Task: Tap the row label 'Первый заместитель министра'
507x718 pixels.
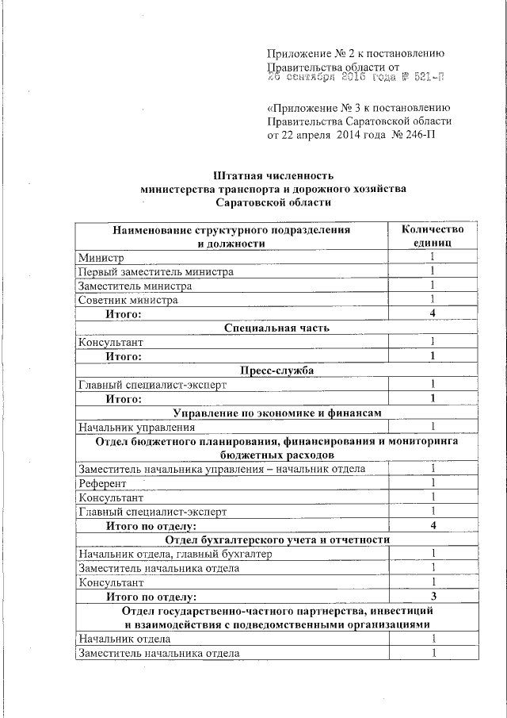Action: [x=156, y=271]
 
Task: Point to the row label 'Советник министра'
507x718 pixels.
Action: [x=128, y=300]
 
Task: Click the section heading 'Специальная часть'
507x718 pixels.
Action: [x=276, y=328]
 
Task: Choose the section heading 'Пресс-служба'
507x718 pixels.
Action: [x=276, y=371]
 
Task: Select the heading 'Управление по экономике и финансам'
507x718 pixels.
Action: [x=276, y=413]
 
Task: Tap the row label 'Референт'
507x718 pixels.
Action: [x=102, y=483]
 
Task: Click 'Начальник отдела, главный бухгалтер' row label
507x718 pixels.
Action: [x=174, y=554]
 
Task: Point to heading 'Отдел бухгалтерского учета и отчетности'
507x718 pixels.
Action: [x=276, y=539]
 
